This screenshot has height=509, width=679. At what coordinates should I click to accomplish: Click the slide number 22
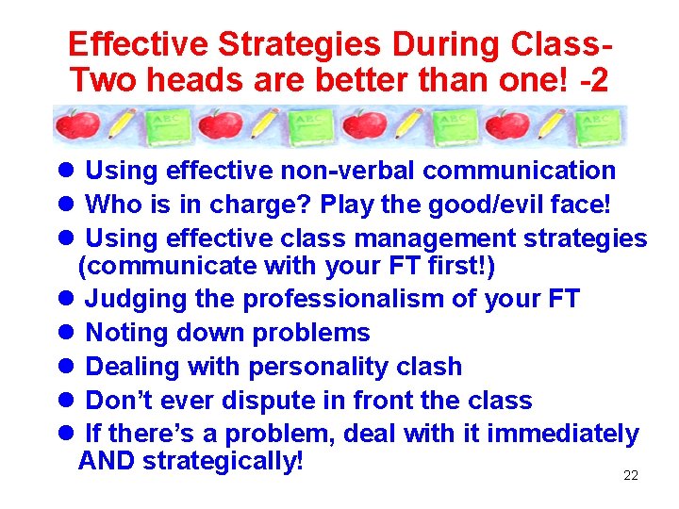coord(631,476)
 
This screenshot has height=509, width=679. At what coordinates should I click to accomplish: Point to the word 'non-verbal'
coord(345,171)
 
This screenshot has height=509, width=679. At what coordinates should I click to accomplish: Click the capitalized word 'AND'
coord(107,462)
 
